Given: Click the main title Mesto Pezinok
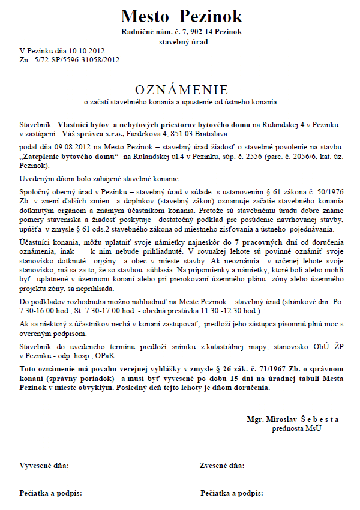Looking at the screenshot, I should click(181, 16).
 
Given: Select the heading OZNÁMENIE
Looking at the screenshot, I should click(181, 90).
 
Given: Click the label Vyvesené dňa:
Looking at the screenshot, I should click(44, 465).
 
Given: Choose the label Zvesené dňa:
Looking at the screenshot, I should click(222, 465).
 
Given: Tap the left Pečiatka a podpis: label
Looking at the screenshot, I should click(50, 493).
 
